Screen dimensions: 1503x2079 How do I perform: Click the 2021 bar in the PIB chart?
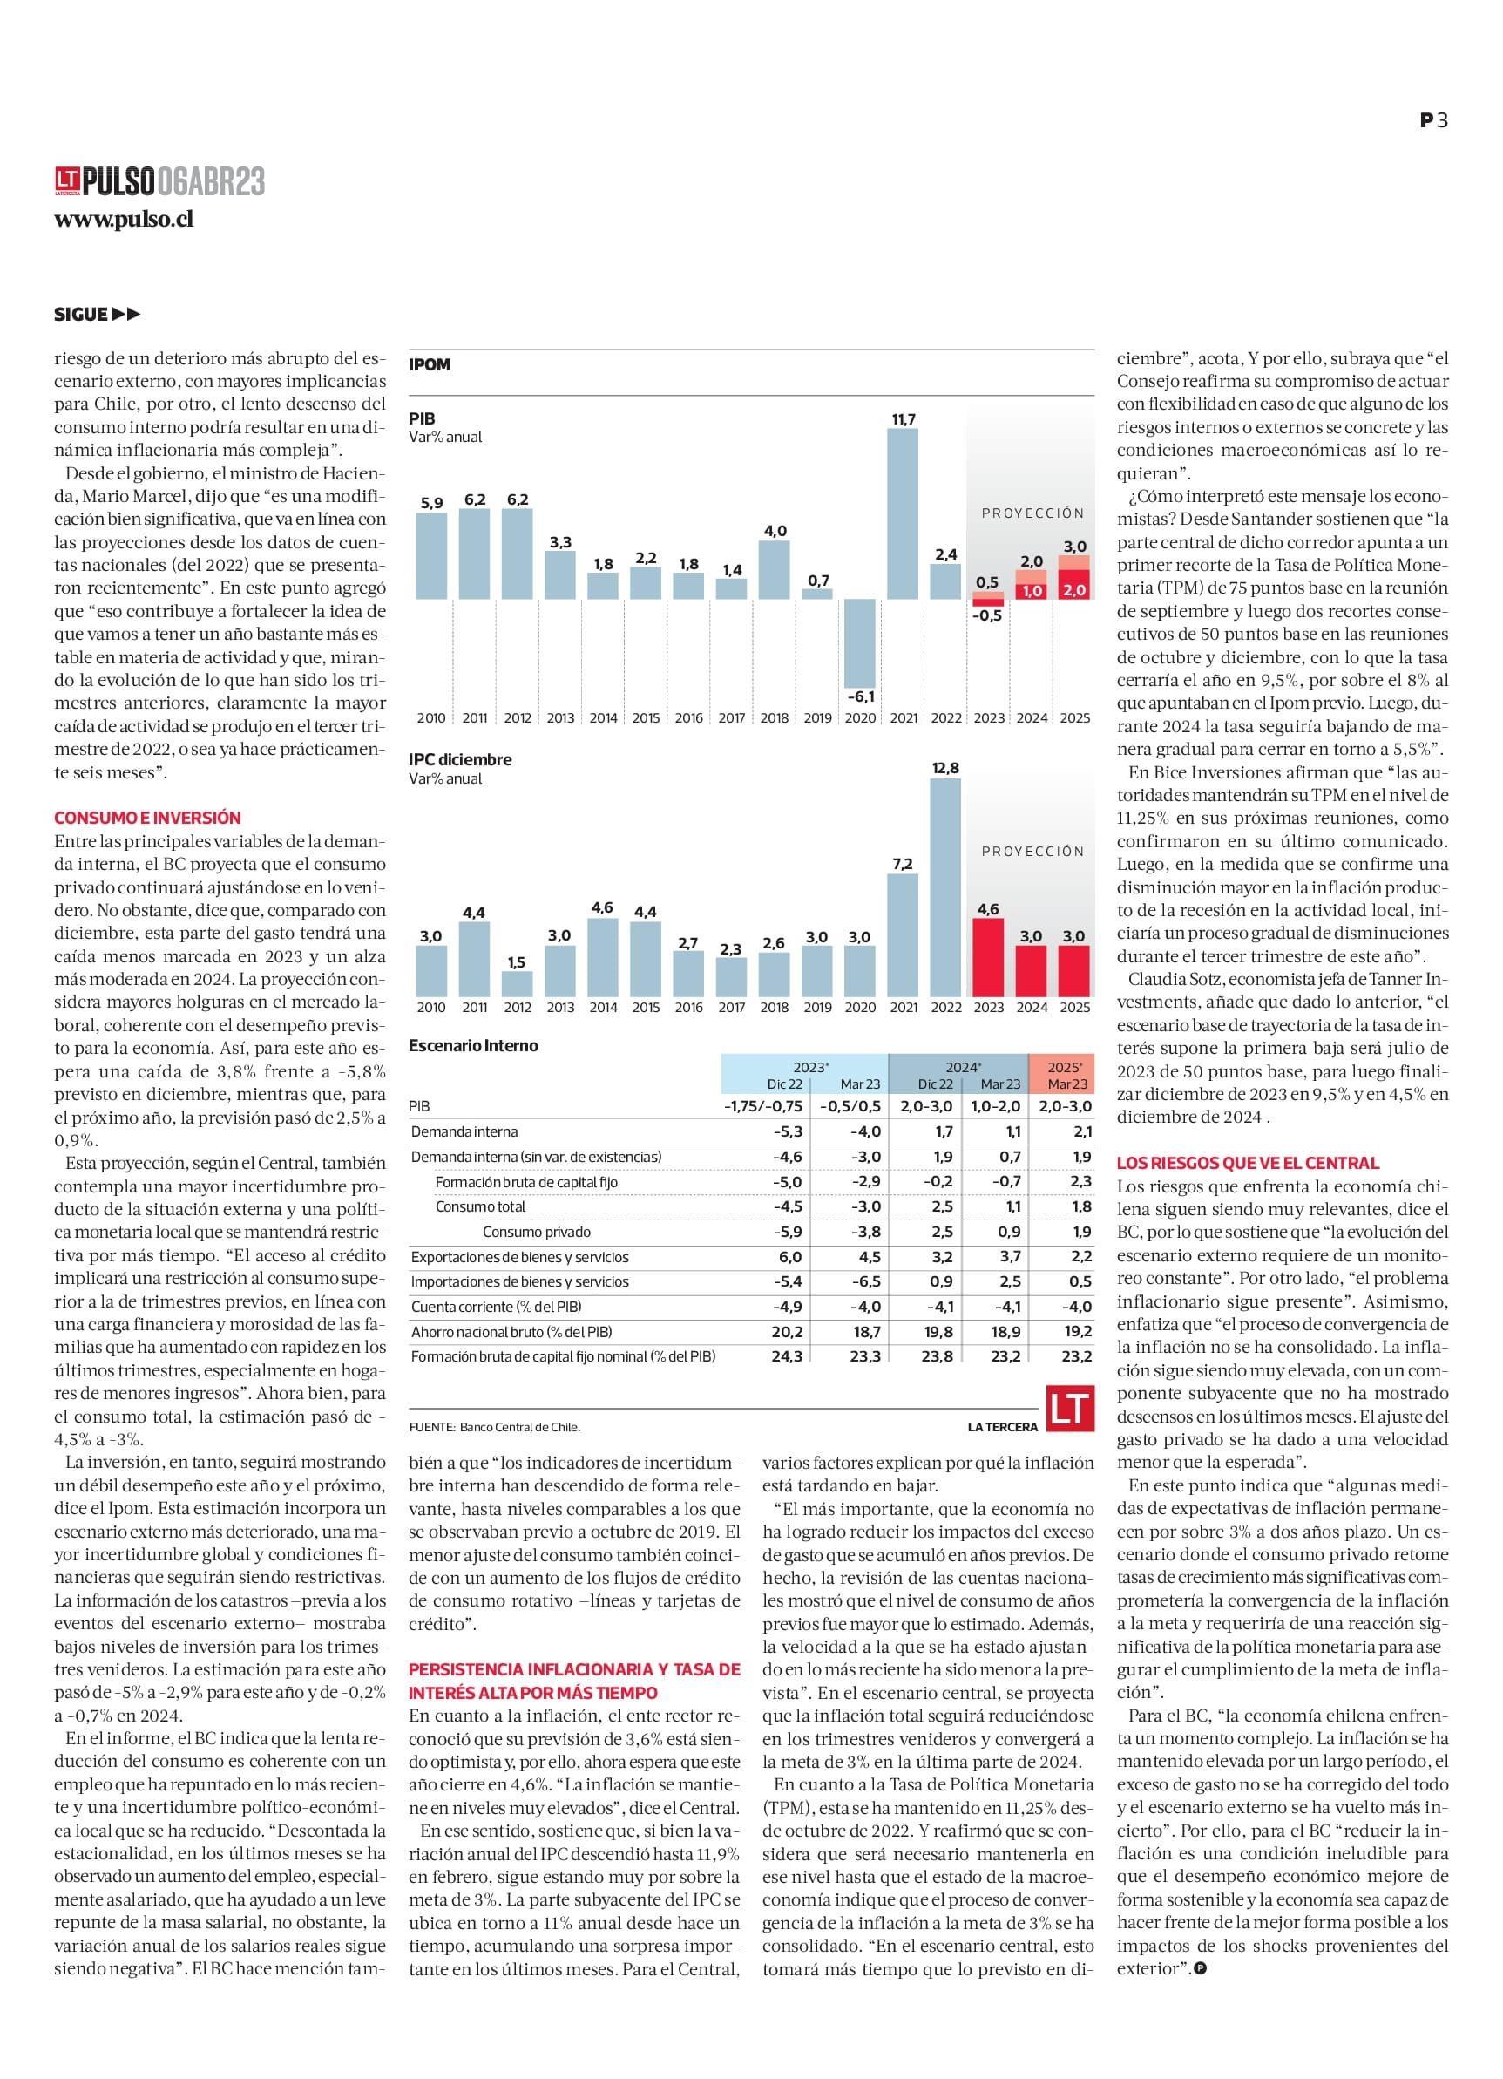tap(903, 514)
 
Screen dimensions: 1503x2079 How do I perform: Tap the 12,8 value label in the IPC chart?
tap(944, 768)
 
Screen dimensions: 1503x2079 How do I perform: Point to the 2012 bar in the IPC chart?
tap(518, 984)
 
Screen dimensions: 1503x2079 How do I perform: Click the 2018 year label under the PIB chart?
tap(774, 717)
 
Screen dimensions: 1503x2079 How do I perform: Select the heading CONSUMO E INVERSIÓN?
tap(147, 818)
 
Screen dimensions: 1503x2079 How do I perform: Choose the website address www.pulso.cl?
tap(124, 220)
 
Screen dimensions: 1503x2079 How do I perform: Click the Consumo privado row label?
tap(537, 1232)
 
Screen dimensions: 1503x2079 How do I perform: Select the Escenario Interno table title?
tap(473, 1045)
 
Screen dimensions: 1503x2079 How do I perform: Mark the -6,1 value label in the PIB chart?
tap(861, 697)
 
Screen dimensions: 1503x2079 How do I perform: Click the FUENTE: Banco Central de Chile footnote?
tap(495, 1427)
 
